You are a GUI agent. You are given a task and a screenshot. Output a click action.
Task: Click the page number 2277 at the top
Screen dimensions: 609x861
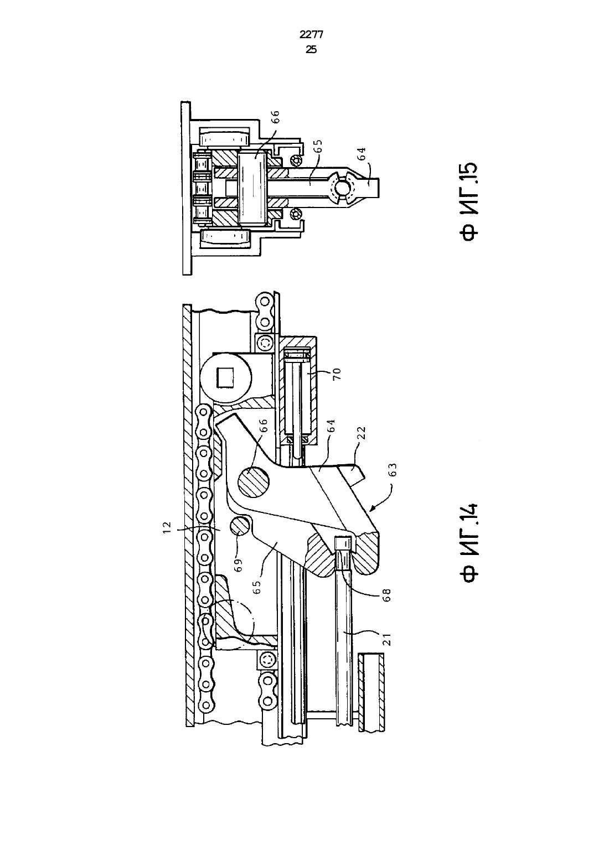(x=311, y=35)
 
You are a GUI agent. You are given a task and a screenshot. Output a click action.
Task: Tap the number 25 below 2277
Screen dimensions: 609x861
(x=311, y=50)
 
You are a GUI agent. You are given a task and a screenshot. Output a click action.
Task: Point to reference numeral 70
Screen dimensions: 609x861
(x=337, y=373)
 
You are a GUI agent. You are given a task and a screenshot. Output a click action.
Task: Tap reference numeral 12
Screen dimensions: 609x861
(x=167, y=527)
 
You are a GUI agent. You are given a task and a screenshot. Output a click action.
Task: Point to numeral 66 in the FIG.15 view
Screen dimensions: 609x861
(x=276, y=116)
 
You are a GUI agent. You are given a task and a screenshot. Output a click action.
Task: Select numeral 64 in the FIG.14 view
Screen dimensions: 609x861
(x=331, y=426)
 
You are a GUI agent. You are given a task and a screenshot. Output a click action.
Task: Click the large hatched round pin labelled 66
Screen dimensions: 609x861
(x=254, y=480)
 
